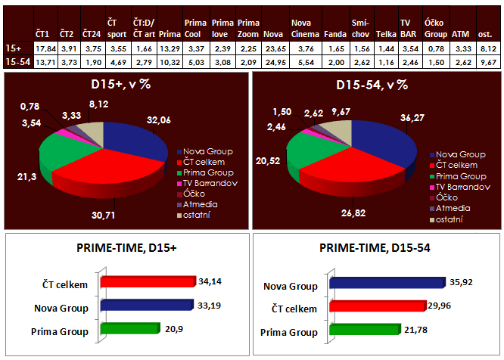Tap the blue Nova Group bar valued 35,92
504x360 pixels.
tap(386, 282)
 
